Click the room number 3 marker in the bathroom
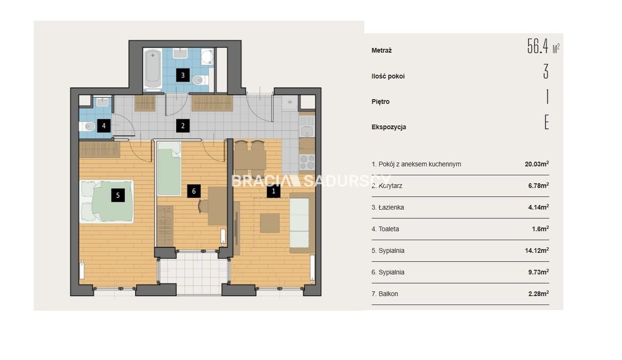point(182,75)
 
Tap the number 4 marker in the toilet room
point(104,126)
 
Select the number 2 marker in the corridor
point(182,126)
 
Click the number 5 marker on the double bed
point(118,195)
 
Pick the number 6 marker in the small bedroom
point(194,191)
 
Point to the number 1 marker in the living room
point(274,191)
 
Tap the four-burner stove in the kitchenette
point(307,162)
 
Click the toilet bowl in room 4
point(88,127)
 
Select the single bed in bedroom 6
point(169,169)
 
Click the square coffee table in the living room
point(270,223)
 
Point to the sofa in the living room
point(302,223)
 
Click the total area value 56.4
point(538,46)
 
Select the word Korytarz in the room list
point(390,186)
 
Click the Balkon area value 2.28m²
point(539,294)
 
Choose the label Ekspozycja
point(388,127)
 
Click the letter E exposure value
point(546,122)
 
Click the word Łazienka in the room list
point(391,207)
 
